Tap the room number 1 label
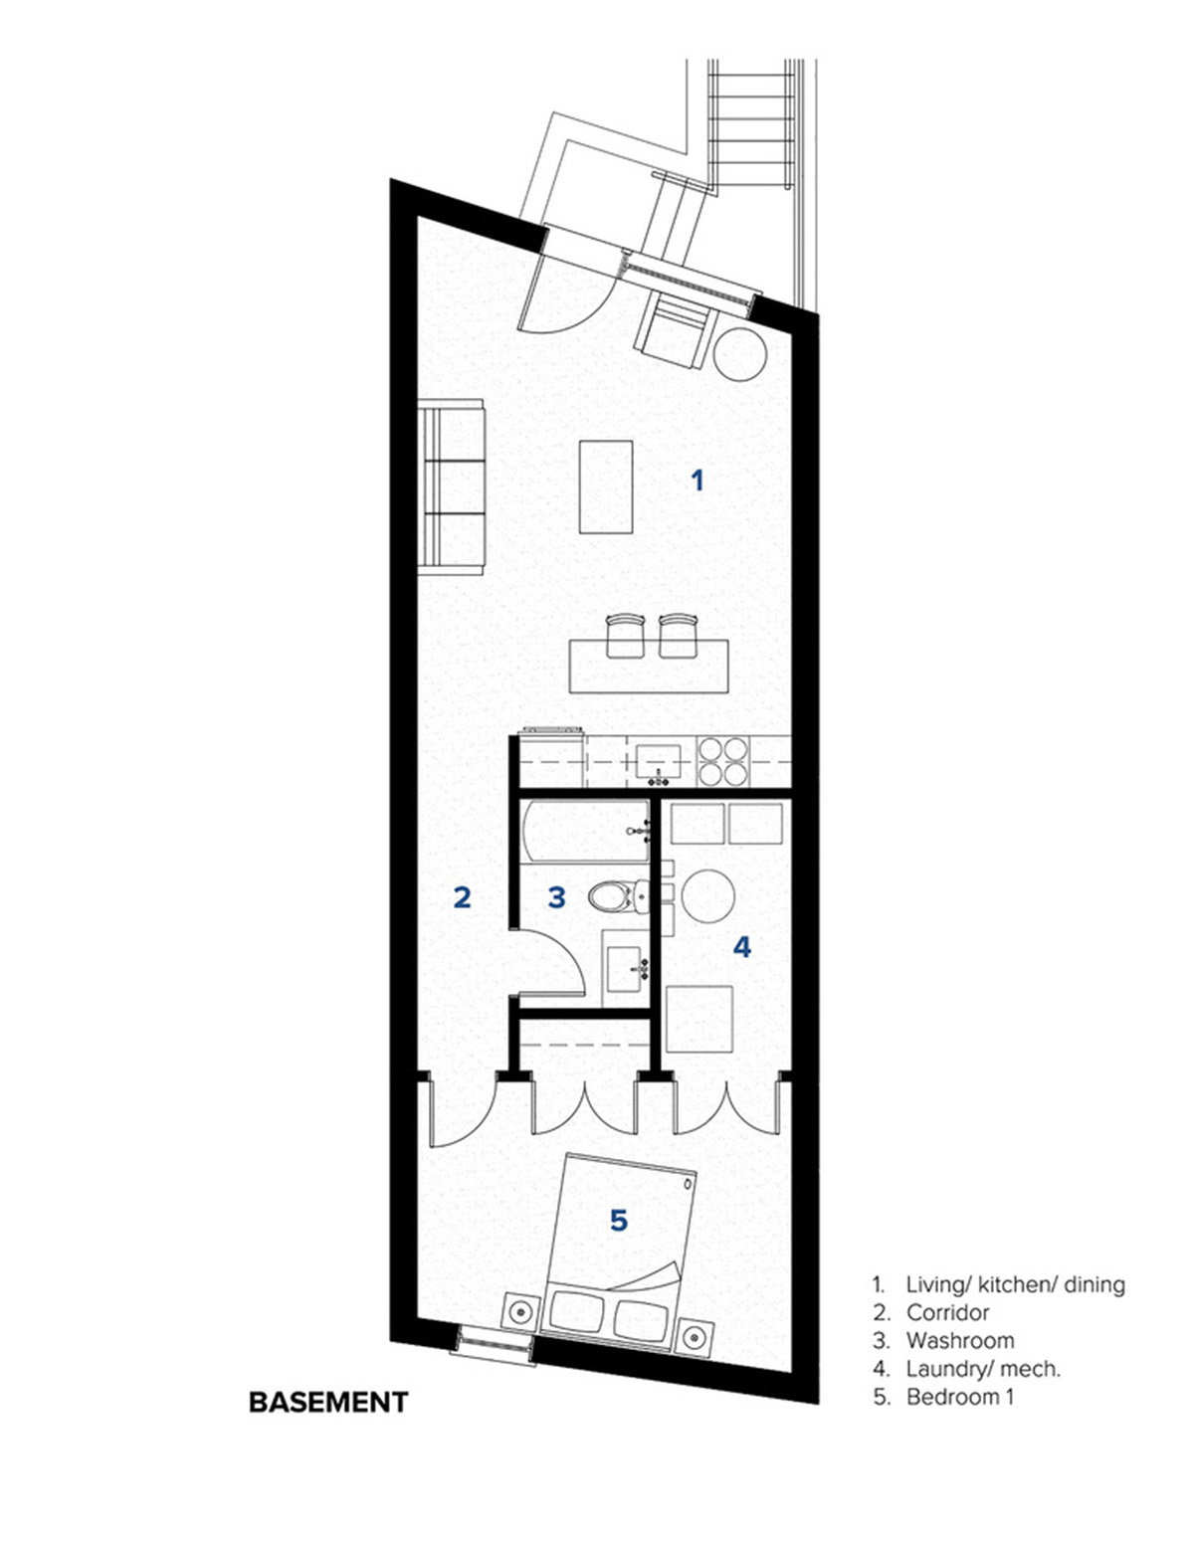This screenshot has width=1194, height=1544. pos(697,482)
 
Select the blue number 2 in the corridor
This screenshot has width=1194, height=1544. pos(462,897)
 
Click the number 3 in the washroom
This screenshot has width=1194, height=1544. pos(557,897)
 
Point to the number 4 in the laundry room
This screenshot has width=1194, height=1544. pos(741,947)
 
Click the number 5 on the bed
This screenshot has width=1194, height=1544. pos(619,1221)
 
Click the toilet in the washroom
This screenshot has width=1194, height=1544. pos(619,897)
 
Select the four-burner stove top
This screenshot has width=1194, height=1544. pos(723,762)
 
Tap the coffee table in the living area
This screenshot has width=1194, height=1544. pos(606,486)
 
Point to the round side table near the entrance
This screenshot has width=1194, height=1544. pos(741,354)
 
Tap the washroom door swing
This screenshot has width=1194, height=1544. pos(552,961)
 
